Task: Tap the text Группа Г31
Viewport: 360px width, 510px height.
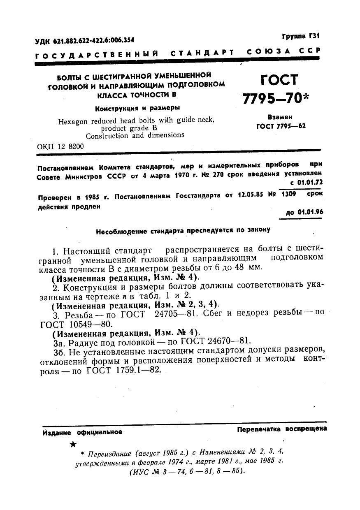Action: click(x=300, y=36)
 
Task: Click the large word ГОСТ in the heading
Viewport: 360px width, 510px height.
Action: click(x=278, y=80)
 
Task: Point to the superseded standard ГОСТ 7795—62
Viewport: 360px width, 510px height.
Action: click(x=281, y=126)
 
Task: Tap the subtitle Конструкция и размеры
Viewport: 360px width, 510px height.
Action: click(x=137, y=109)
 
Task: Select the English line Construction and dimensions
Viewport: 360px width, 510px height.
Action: click(x=135, y=135)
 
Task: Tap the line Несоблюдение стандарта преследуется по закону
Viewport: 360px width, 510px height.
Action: click(x=183, y=231)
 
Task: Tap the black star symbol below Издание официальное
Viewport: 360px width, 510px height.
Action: click(x=73, y=445)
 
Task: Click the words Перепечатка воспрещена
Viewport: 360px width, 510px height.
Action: click(x=282, y=429)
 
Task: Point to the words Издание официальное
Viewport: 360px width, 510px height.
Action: click(x=82, y=432)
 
